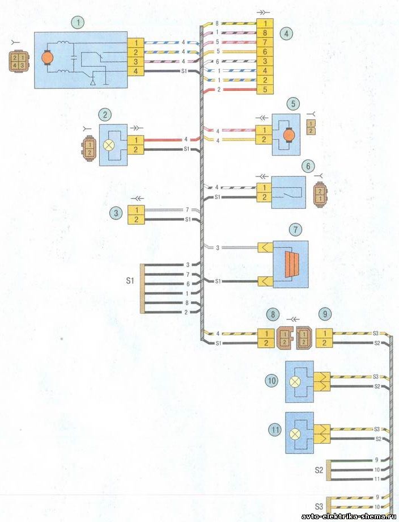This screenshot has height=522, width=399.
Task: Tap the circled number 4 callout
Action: [287, 33]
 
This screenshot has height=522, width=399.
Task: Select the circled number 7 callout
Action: [295, 229]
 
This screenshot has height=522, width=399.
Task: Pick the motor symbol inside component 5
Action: [288, 134]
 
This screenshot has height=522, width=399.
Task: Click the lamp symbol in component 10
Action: [295, 381]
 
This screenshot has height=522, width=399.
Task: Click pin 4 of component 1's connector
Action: [135, 71]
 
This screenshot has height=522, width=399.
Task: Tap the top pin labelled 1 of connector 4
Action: [265, 24]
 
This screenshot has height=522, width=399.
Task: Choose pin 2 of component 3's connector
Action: [136, 219]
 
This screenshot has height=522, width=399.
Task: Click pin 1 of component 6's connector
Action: [264, 187]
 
